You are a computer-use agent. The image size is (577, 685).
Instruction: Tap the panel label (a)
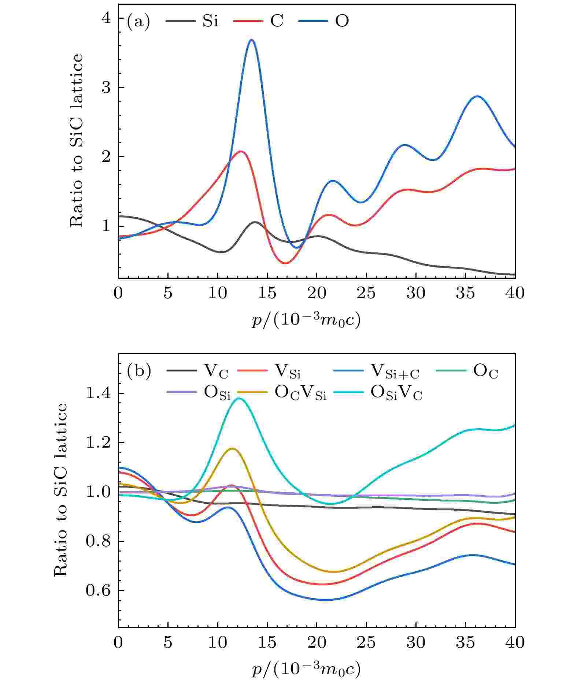pyautogui.click(x=138, y=22)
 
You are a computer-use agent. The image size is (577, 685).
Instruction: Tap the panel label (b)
pyautogui.click(x=138, y=371)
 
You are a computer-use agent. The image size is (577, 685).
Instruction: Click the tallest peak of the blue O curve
pyautogui.click(x=251, y=40)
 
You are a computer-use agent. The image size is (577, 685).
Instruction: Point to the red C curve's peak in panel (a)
pyautogui.click(x=241, y=151)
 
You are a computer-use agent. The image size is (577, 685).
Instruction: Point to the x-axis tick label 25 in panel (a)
pyautogui.click(x=366, y=293)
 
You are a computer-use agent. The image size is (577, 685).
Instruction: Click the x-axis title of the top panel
pyautogui.click(x=306, y=320)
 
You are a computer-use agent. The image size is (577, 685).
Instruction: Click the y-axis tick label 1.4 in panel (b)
pyautogui.click(x=98, y=393)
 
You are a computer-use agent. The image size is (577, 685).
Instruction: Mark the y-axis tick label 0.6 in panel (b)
pyautogui.click(x=98, y=590)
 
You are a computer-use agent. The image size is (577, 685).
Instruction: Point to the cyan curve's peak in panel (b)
pyautogui.click(x=239, y=398)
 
